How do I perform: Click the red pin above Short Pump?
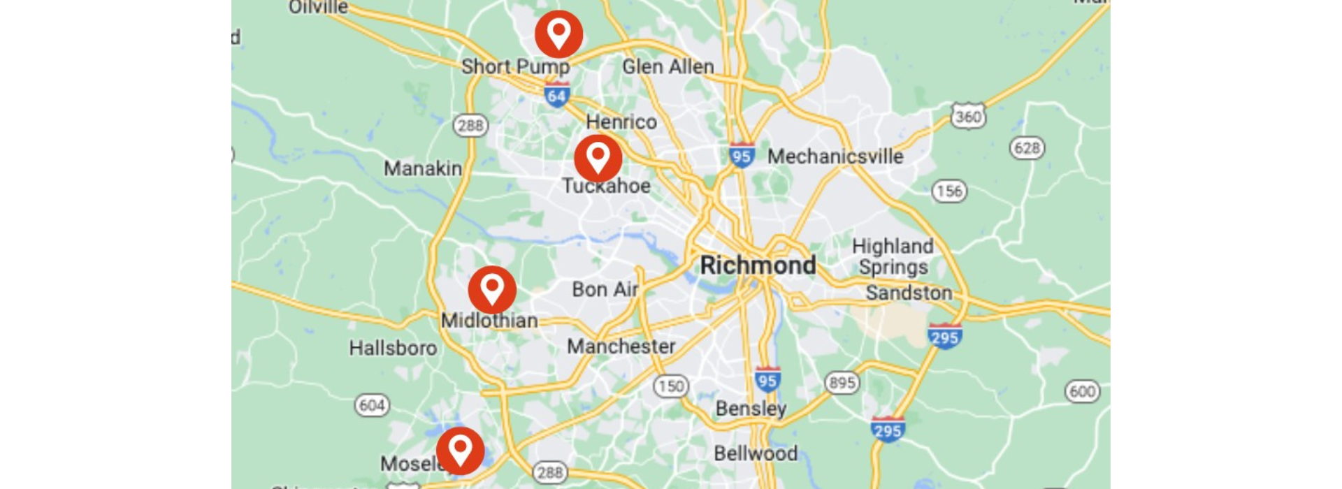click(558, 34)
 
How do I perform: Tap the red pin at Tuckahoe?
click(598, 158)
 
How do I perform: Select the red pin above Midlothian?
click(492, 289)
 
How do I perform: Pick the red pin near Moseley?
click(460, 450)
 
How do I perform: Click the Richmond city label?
click(758, 265)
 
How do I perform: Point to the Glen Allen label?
click(668, 67)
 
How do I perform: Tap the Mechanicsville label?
click(835, 156)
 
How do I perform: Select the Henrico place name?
click(621, 122)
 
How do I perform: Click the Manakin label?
click(422, 168)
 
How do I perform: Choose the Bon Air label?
click(605, 289)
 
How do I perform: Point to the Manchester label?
click(621, 346)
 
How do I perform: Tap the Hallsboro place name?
click(393, 348)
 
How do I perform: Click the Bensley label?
click(751, 409)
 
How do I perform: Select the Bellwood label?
click(755, 453)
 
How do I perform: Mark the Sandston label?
click(909, 293)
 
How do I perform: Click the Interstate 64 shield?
click(557, 94)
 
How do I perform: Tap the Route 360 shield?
click(968, 116)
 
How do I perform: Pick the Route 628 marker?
click(1027, 147)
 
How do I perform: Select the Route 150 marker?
click(670, 386)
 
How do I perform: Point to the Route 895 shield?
click(842, 383)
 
